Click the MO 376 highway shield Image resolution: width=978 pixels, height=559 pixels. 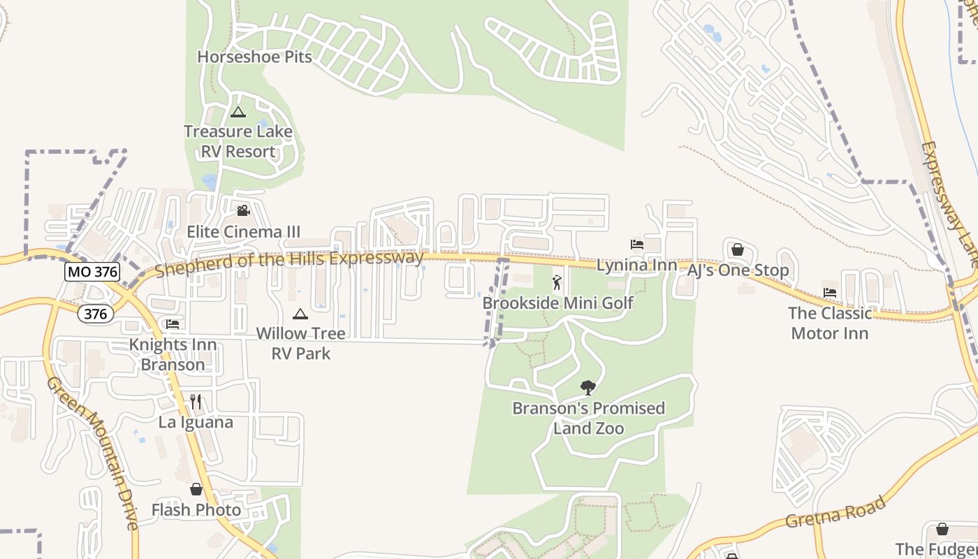(93, 272)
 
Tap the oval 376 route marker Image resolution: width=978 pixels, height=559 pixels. (96, 314)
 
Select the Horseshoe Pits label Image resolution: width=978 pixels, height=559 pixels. (254, 57)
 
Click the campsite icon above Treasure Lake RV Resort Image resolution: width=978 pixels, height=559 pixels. (238, 112)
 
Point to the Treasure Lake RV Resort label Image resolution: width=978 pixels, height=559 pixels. (238, 141)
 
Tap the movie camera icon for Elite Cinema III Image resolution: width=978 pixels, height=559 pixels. (243, 211)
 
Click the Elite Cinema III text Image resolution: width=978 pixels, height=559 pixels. (243, 231)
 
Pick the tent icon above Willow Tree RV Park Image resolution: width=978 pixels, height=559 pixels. (300, 314)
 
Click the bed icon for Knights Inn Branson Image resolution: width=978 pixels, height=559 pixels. (173, 324)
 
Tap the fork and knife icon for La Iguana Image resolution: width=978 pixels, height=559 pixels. (196, 402)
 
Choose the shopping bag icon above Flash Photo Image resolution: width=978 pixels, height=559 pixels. (196, 489)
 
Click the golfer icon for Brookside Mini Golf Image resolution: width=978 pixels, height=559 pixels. (557, 282)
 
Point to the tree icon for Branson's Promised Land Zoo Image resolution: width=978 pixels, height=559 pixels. (588, 388)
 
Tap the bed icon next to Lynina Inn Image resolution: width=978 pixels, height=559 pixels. (636, 245)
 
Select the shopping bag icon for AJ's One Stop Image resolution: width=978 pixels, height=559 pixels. (737, 249)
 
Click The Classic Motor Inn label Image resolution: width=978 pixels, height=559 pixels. (830, 323)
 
